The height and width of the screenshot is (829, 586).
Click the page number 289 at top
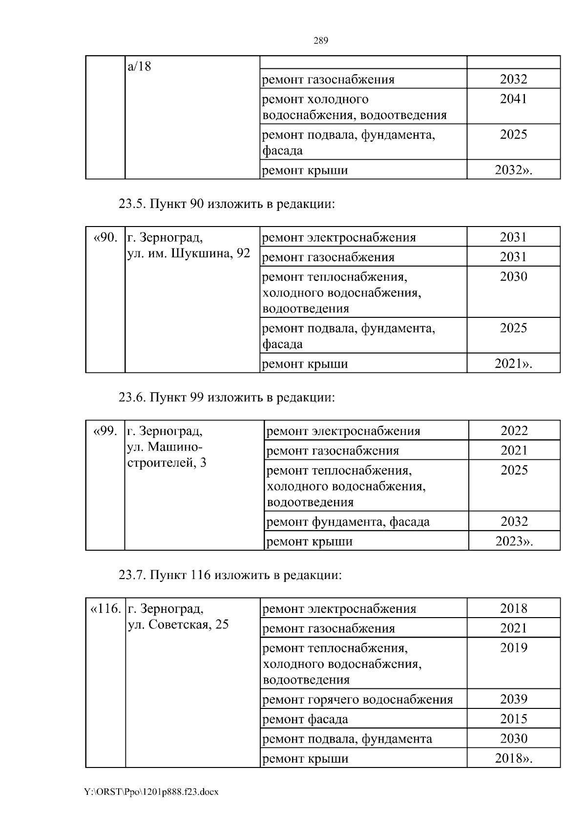320,41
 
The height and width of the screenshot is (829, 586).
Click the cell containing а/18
140,66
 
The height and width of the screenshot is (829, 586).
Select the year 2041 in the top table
513,99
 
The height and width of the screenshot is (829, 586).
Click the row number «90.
105,238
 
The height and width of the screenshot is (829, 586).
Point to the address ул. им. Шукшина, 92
188,254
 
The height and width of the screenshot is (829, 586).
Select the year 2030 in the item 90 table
513,277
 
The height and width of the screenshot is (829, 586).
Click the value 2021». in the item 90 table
513,364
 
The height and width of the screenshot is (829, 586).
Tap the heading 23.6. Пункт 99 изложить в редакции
227,397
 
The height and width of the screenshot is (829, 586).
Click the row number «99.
105,431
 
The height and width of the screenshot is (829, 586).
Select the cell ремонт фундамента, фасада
348,522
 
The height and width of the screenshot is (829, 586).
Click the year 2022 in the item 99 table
514,431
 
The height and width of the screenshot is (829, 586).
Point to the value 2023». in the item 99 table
514,541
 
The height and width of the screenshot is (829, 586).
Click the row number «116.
105,609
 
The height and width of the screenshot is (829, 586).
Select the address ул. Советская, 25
178,625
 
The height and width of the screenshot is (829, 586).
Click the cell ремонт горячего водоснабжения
357,700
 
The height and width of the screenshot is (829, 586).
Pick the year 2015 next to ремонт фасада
513,719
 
